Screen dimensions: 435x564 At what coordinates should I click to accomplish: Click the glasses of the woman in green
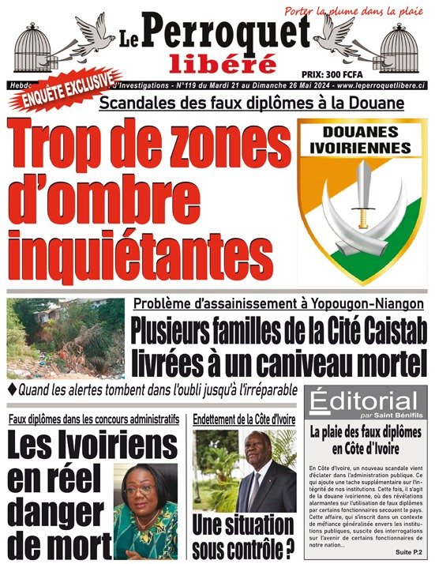(138, 488)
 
